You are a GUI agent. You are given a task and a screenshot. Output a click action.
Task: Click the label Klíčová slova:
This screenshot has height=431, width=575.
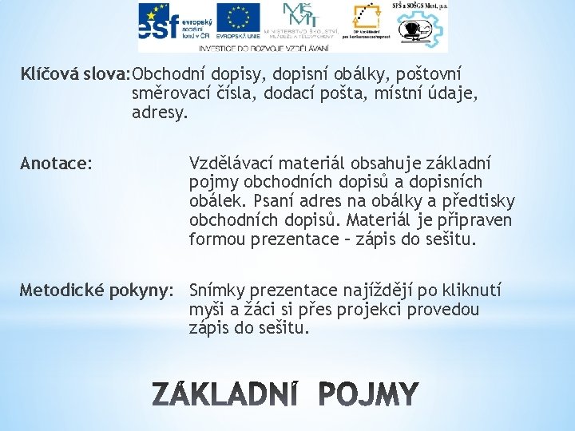click(x=76, y=75)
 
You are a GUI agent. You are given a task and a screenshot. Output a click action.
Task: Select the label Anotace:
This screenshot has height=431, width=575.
click(x=56, y=164)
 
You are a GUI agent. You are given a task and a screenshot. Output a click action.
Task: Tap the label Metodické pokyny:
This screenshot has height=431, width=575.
click(x=96, y=289)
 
